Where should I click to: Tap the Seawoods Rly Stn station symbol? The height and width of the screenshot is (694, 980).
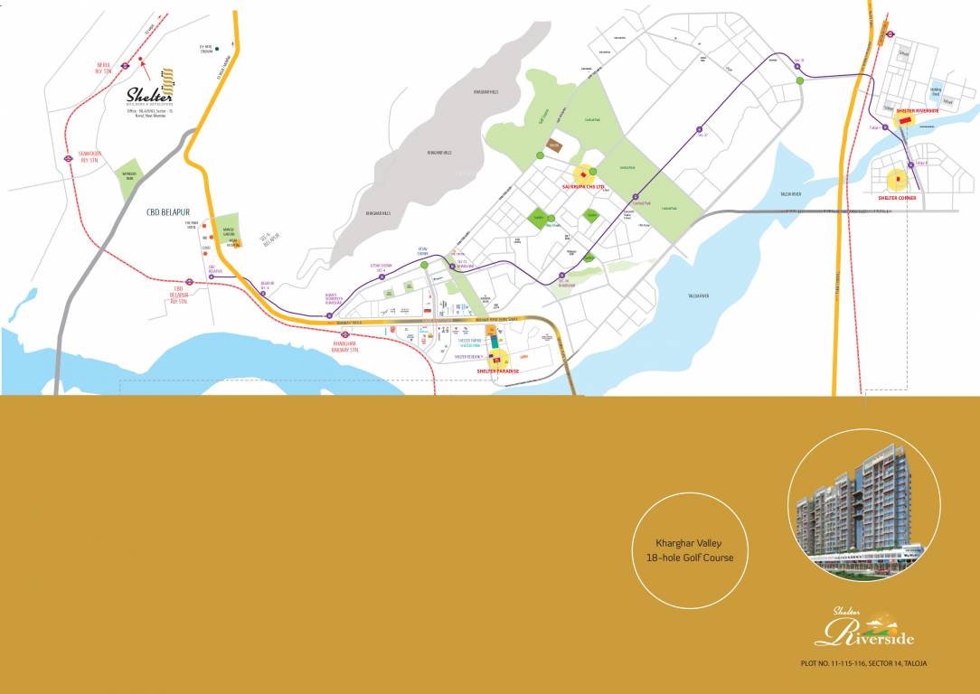[x=69, y=157]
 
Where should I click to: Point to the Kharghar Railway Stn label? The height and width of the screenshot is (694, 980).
[x=346, y=345]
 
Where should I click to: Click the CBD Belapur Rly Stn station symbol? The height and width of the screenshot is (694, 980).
[x=189, y=281]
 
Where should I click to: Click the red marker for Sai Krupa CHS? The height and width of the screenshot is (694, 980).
[x=583, y=175]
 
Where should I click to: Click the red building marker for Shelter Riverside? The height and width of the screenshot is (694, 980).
[x=904, y=120]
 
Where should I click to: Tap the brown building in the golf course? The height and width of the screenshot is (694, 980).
[x=551, y=145]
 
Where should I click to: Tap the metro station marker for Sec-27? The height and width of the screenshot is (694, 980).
[x=701, y=131]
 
